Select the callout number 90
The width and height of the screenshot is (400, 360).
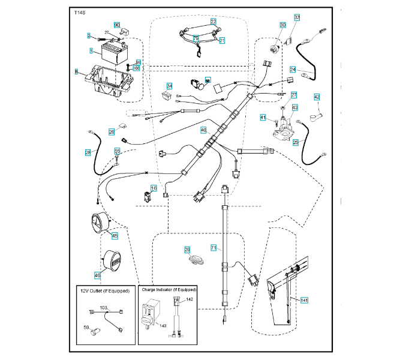tap(117, 25)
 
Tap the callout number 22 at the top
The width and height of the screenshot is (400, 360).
tap(213, 21)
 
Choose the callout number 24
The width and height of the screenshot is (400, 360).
tap(293, 69)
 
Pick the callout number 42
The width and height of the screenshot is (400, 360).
tap(317, 97)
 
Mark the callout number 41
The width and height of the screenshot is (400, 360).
tap(263, 117)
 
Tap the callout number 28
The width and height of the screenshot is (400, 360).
tap(88, 153)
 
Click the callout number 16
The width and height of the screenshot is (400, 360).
tap(154, 188)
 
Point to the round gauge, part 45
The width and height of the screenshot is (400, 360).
tap(99, 226)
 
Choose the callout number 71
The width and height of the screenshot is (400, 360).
tap(213, 247)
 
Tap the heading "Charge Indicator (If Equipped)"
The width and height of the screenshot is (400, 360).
tap(169, 290)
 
